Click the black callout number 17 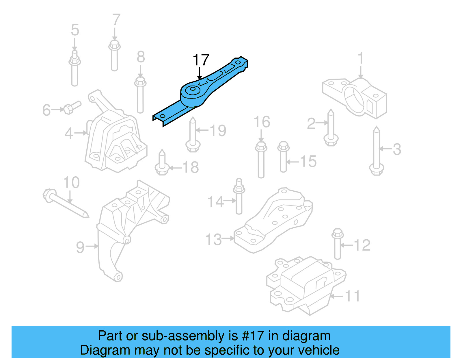pyautogui.click(x=201, y=60)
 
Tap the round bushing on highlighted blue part pyautogui.click(x=192, y=89)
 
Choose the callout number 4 pyautogui.click(x=69, y=133)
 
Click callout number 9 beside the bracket pyautogui.click(x=80, y=247)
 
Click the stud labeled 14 pyautogui.click(x=239, y=197)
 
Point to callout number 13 pyautogui.click(x=213, y=239)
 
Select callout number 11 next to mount pyautogui.click(x=353, y=296)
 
